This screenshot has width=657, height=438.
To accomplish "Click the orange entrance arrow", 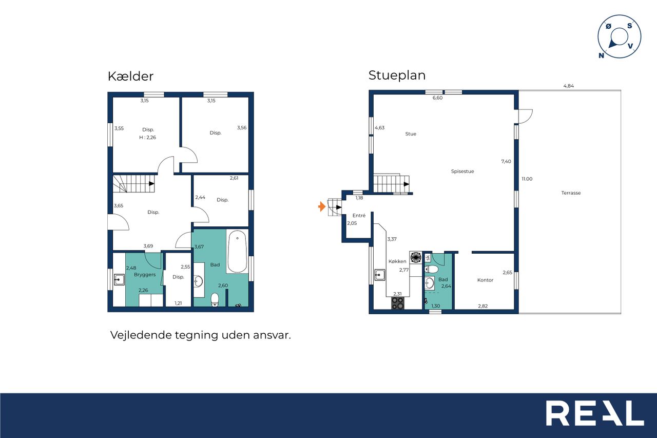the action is point(322,206).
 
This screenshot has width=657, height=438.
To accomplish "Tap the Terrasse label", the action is point(571,193).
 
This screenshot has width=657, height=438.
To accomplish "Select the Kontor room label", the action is point(485,280).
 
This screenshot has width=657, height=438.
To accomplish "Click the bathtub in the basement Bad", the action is point(237,252).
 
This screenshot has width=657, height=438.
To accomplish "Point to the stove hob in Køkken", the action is point(398,303).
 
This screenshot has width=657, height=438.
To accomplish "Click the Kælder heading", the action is point(130,77).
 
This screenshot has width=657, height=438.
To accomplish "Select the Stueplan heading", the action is point(397,75).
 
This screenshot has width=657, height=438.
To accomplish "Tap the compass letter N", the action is point(601,55).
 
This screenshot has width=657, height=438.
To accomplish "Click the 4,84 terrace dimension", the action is point(568,86).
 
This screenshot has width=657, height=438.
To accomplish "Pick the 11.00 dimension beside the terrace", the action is point(527,179).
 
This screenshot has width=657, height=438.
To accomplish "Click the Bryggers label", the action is point(145,275).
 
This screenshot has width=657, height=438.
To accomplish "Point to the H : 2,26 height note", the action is point(147,137).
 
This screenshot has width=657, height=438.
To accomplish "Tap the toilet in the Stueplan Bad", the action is point(432,269).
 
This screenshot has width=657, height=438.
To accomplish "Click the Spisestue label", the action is point(462,172).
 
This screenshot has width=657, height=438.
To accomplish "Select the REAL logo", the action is point(595,413).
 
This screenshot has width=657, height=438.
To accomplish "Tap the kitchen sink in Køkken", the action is point(379,275).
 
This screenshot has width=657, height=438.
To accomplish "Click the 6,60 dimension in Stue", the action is point(437,98).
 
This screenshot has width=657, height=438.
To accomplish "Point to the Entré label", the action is point(359,215).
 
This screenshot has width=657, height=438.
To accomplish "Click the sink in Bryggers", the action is point(119,279).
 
